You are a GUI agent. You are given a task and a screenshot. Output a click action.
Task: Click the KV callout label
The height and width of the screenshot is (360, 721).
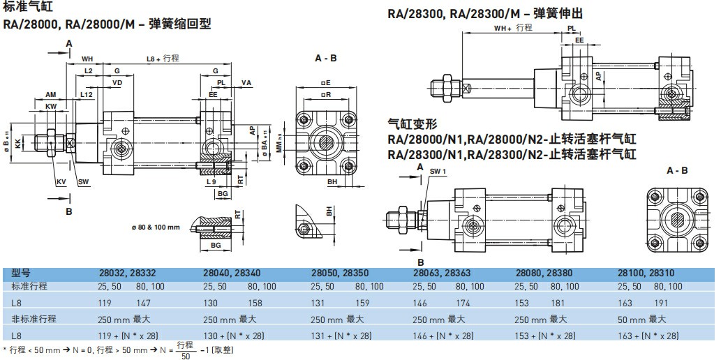[x=61, y=182]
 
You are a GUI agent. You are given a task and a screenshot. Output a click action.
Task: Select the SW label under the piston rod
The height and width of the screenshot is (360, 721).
[x=83, y=182]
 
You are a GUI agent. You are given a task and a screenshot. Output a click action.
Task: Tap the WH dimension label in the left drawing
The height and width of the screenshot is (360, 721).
[x=87, y=59]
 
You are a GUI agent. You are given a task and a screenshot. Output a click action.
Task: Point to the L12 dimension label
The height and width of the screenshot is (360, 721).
[x=87, y=94]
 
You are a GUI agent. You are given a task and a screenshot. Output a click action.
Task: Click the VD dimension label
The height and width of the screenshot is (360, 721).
[x=118, y=83]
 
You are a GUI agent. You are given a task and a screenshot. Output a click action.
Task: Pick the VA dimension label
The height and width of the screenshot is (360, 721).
[x=246, y=83]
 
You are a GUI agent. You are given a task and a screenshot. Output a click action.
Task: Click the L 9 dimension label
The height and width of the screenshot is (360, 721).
[x=211, y=182]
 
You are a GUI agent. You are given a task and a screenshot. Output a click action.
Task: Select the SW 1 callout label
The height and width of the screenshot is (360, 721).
[x=438, y=172]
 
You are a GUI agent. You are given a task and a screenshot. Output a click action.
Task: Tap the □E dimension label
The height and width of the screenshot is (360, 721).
[x=327, y=83]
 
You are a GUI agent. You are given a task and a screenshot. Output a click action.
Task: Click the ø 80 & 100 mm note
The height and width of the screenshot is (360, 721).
[x=156, y=227]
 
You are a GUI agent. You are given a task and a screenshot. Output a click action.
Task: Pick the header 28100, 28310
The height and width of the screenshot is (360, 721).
[x=646, y=273]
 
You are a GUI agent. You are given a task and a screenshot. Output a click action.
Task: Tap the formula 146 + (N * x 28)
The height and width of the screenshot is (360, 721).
[x=443, y=336]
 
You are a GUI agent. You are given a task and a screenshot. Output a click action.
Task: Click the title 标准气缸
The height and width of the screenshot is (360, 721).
[x=22, y=7]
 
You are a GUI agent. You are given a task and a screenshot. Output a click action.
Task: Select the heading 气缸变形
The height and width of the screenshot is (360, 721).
[x=412, y=123]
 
